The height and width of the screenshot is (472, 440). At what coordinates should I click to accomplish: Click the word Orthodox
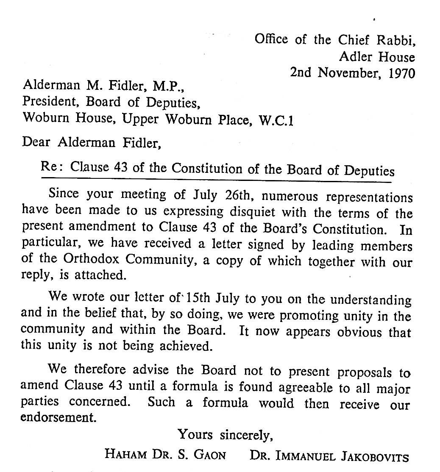pyautogui.click(x=87, y=260)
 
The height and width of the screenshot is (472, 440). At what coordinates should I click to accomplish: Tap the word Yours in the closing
pyautogui.click(x=196, y=434)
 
